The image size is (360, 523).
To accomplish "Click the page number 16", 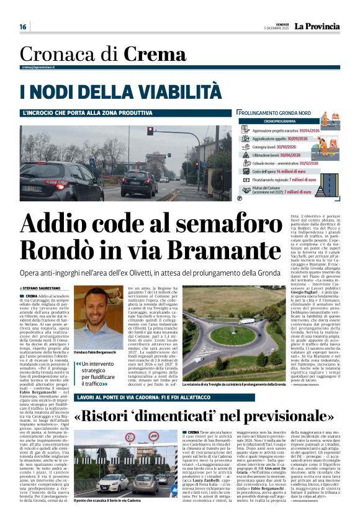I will tap(23, 27).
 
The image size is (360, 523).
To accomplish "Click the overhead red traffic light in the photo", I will tap(150, 131).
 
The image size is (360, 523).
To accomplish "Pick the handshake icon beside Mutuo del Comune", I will tap(247, 189).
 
